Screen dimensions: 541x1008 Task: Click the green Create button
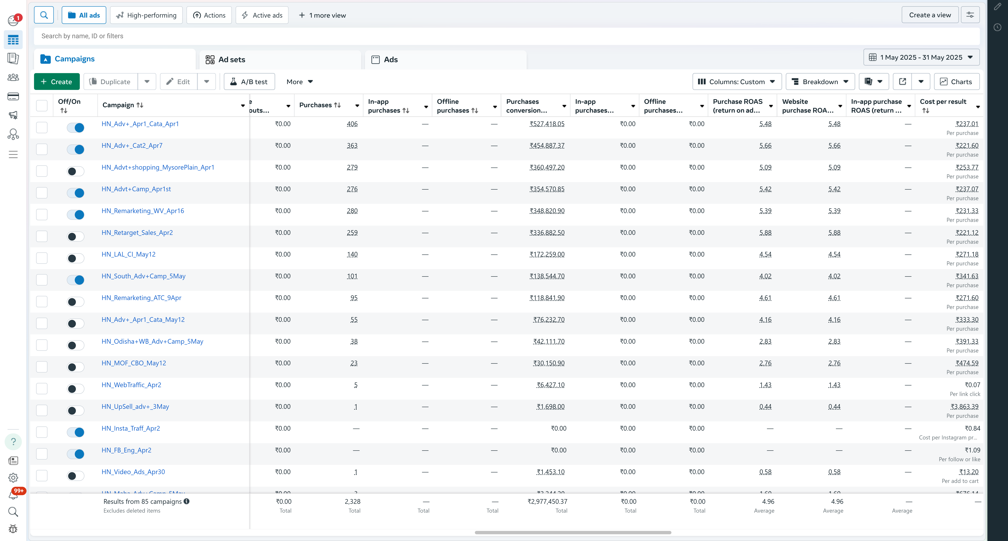pyautogui.click(x=57, y=81)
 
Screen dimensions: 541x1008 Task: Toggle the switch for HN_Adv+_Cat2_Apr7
pyautogui.click(x=75, y=149)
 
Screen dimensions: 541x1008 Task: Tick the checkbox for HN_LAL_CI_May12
pyautogui.click(x=42, y=258)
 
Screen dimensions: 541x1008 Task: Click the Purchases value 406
pyautogui.click(x=352, y=124)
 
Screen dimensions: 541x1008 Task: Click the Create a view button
pyautogui.click(x=930, y=15)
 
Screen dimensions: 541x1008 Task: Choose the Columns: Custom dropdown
pyautogui.click(x=736, y=81)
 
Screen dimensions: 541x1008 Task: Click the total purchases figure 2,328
pyautogui.click(x=353, y=501)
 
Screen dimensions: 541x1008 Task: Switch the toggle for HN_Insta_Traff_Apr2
pyautogui.click(x=75, y=432)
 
